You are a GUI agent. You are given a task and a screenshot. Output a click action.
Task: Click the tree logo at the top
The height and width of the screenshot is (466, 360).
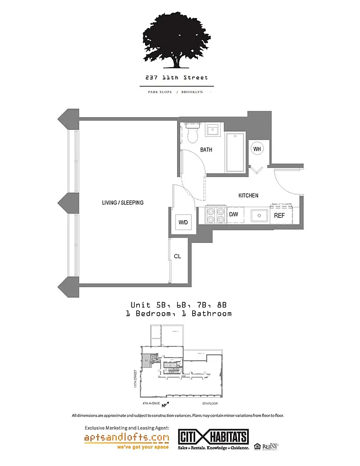coord(177,38)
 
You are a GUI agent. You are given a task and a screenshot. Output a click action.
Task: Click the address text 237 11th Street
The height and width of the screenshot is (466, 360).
coord(177,77)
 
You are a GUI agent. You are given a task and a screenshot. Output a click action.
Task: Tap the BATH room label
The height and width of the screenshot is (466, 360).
coord(206,150)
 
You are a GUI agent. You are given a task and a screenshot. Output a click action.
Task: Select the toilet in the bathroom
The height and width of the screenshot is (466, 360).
coord(192,133)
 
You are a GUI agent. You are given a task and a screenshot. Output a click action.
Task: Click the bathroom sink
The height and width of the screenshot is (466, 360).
coord(213,129)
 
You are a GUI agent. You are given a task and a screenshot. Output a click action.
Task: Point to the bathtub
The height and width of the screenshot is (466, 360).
coord(235,153)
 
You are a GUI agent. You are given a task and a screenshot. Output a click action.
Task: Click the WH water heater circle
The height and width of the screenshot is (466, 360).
coord(257,149)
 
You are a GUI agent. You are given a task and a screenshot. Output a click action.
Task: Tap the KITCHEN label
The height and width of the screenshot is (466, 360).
coord(248,195)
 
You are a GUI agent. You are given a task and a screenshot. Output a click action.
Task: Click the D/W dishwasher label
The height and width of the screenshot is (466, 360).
coord(233,215)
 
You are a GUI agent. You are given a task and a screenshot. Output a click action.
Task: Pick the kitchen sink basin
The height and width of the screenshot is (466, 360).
coord(259,216)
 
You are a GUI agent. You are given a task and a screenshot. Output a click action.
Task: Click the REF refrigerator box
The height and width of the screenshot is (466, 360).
coord(280,216)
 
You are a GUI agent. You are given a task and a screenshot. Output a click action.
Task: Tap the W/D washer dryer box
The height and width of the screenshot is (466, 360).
coord(182,222)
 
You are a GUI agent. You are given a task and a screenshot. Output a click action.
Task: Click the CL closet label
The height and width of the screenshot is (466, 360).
coord(177,256)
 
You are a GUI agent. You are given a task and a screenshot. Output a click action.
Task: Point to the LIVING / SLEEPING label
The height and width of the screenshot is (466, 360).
coord(122,203)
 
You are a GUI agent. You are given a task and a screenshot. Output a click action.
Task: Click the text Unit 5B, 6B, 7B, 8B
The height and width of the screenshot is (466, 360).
coord(178,305)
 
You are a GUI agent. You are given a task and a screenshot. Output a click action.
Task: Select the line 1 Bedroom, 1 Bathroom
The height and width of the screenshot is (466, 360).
coord(178,313)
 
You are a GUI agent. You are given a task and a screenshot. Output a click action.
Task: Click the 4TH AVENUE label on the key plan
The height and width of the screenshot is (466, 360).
coord(151,403)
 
